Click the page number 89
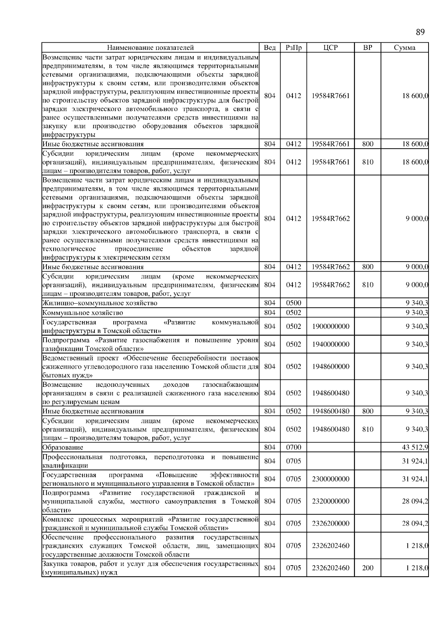coord(420,32)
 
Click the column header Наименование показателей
coord(150,48)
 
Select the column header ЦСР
coord(330,48)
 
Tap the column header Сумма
coord(404,48)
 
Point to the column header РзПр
coord(294,48)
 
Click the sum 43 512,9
coord(415,447)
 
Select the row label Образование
coord(63,447)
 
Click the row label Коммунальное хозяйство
coord(83,313)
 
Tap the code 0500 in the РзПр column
coord(294,303)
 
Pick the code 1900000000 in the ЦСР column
coord(330,326)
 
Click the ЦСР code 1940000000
coord(330,344)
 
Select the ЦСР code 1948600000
coord(330,366)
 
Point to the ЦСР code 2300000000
coord(330,479)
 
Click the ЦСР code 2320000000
coord(330,501)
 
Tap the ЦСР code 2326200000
coord(330,524)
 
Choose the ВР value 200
coord(368,568)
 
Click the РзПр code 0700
coord(294,447)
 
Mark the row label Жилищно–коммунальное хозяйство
coord(100,303)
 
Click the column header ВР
coord(368,48)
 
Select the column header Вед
coord(269,48)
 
